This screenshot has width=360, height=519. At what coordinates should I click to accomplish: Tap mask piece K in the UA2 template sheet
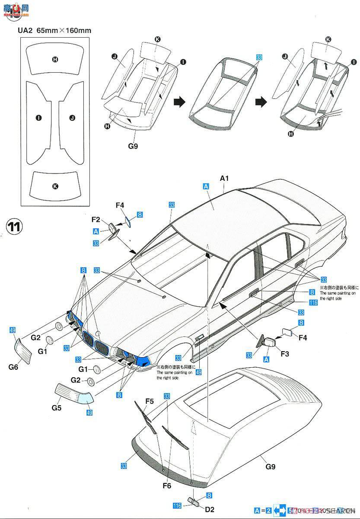click(x=55, y=186)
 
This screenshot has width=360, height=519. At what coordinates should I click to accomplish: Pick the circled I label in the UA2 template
click(x=39, y=117)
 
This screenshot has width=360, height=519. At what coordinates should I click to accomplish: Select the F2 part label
click(x=96, y=219)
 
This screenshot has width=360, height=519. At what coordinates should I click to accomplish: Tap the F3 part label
click(x=285, y=353)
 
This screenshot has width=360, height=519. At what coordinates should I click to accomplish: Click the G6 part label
click(x=13, y=367)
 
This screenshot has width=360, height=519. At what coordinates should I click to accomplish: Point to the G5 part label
click(x=57, y=407)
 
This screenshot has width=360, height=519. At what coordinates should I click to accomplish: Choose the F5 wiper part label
click(x=150, y=401)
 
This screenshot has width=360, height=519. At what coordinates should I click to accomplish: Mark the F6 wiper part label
click(x=167, y=486)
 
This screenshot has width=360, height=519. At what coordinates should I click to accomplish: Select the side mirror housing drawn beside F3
click(x=266, y=341)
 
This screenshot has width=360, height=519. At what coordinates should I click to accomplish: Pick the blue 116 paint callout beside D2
click(x=176, y=505)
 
